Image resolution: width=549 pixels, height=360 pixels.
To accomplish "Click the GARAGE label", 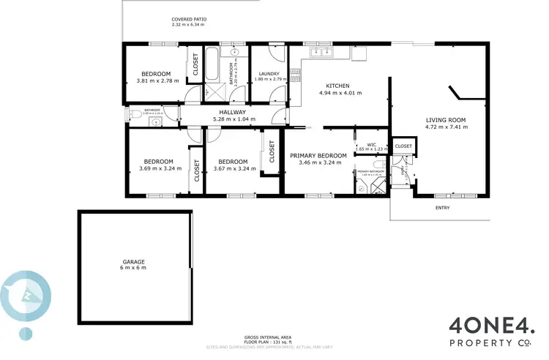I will [x=134, y=261].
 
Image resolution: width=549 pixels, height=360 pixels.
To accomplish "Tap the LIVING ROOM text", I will [x=445, y=119].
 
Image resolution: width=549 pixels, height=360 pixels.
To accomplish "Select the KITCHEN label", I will [x=337, y=86].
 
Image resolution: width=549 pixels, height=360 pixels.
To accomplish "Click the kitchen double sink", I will [x=321, y=52].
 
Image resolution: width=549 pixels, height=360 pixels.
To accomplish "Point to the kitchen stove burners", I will [x=296, y=75].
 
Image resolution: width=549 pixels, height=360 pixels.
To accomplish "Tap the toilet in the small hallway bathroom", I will [x=134, y=114].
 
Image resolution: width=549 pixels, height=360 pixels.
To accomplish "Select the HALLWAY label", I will [x=229, y=112].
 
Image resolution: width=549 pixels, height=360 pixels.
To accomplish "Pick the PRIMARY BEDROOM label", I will [x=318, y=156].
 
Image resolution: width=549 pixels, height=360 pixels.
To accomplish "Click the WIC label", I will [x=371, y=145].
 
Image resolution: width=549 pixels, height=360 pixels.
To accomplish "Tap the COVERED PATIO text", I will [x=190, y=19].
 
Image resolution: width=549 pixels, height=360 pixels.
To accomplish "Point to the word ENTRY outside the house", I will [x=443, y=208].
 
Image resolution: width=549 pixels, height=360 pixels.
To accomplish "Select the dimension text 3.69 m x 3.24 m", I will [x=158, y=168].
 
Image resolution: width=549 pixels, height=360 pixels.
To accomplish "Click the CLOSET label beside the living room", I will [x=403, y=146].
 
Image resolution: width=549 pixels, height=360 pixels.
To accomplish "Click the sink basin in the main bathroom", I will [x=236, y=53].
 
